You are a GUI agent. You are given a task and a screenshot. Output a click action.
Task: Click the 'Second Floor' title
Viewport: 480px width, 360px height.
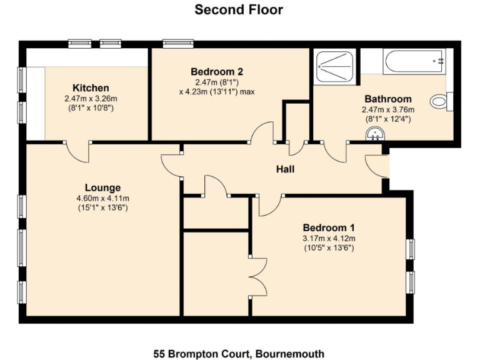pos(239,9)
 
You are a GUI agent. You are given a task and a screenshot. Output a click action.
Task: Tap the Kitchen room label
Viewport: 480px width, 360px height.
pos(91,88)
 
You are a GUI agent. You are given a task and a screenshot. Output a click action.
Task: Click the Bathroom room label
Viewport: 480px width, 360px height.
pos(387,99)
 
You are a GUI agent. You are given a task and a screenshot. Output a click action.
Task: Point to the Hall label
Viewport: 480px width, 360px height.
pos(285,169)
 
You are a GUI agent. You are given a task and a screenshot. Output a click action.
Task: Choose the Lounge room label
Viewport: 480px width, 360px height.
pos(102,187)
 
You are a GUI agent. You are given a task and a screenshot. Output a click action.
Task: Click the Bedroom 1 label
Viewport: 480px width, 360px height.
pos(329,227)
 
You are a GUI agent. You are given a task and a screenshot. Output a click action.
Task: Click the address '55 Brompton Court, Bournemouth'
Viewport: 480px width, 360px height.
pos(239,354)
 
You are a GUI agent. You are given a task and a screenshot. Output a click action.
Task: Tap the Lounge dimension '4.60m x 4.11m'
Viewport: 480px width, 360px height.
pos(102,199)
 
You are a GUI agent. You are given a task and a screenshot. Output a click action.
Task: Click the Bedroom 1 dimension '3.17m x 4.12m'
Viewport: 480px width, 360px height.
pos(329,238)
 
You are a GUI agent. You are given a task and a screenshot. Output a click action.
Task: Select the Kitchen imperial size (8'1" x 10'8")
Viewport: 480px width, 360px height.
pos(91,108)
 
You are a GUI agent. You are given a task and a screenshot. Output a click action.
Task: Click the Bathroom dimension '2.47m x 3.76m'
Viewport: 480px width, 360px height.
pos(387,109)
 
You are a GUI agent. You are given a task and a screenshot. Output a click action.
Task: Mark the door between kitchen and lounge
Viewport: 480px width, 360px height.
pos(79,152)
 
